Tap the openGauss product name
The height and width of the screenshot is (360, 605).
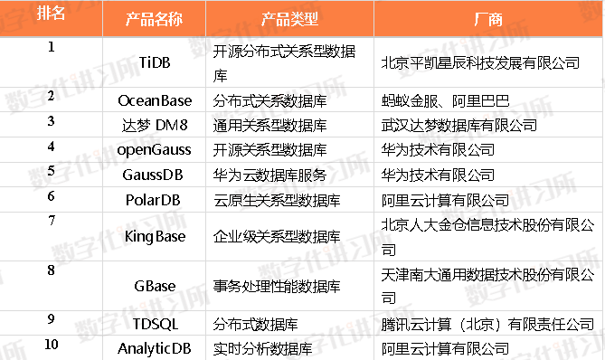tap(155, 148)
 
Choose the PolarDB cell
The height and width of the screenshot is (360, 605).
tap(155, 197)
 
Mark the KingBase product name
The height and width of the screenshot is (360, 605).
tap(155, 235)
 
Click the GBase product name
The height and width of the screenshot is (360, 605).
tap(155, 286)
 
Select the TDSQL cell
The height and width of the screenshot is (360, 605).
tap(155, 323)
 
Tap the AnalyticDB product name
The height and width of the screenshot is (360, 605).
tap(155, 347)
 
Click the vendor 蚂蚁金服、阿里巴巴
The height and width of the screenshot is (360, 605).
tap(445, 99)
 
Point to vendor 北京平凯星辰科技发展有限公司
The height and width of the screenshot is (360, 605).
tap(480, 62)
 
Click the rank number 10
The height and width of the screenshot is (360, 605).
tap(51, 344)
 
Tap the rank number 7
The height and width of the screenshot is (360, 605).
tap(51, 220)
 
